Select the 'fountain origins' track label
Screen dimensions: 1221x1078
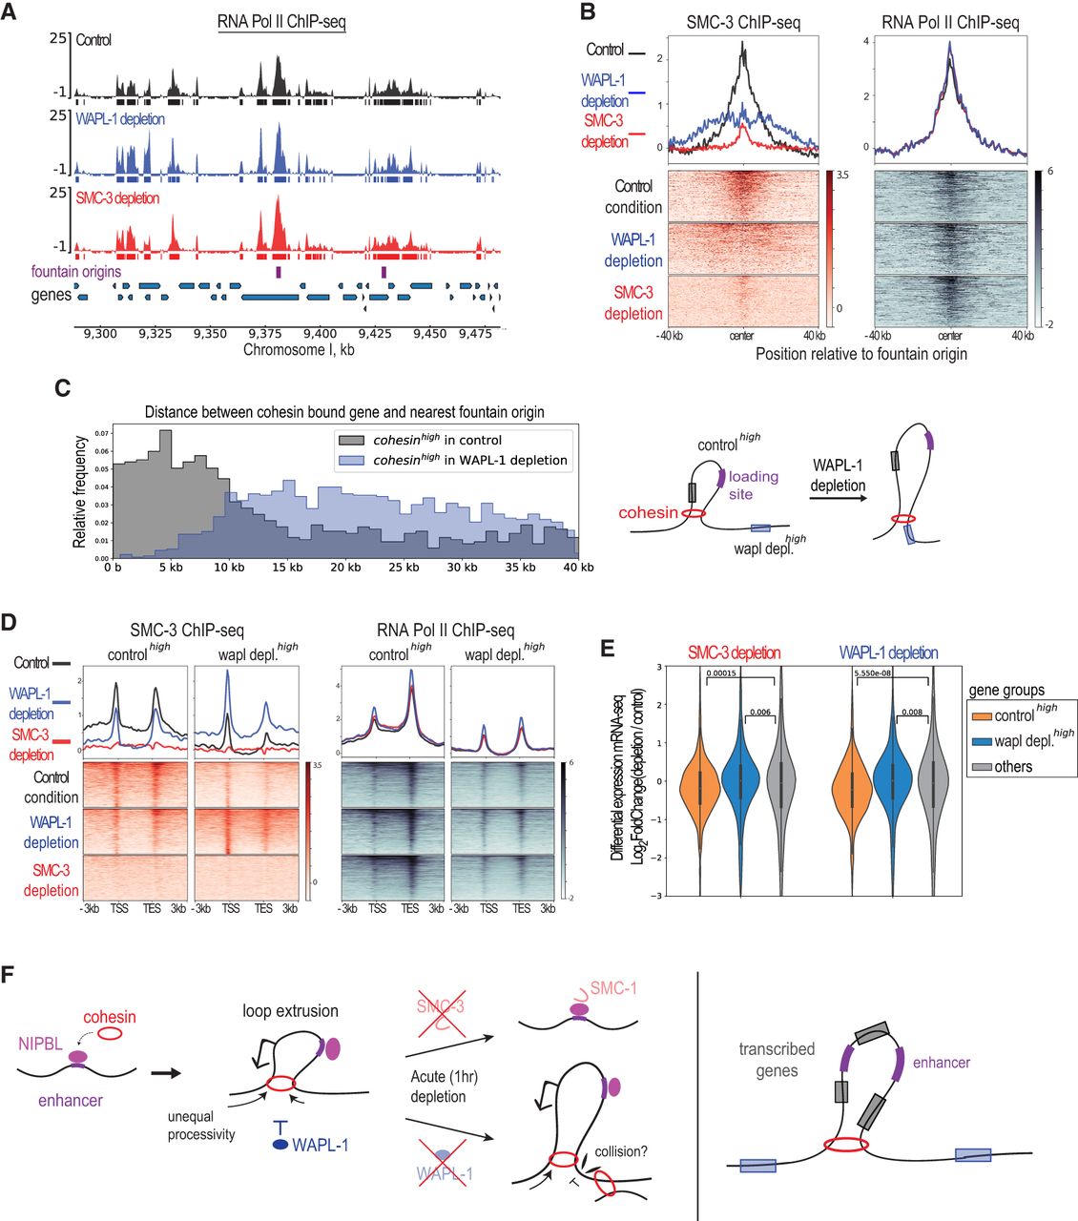click(76, 272)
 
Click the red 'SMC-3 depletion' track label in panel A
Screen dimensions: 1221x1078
click(118, 198)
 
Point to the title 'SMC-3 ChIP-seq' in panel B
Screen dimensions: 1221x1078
click(743, 21)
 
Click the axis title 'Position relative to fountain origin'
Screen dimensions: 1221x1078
click(861, 354)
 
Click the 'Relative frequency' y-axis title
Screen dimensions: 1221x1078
click(80, 492)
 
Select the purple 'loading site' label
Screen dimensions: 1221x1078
click(754, 485)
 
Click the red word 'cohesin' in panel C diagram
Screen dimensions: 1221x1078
click(649, 513)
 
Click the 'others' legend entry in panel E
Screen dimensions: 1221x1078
click(1013, 766)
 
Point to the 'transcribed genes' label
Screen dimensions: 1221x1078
click(777, 1059)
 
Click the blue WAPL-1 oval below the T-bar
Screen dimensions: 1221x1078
click(280, 1145)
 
